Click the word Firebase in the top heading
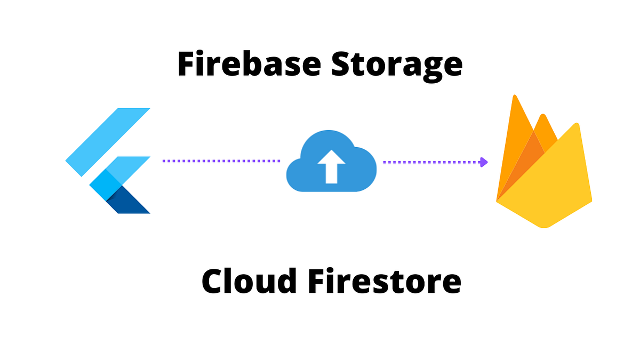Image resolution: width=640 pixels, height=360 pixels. tap(249, 64)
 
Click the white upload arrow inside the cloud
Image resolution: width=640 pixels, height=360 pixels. tap(331, 165)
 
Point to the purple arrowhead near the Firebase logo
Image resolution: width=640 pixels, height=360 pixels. tap(484, 161)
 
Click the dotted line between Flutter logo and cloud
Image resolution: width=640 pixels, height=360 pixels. tap(221, 161)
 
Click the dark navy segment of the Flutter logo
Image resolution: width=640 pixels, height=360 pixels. tap(131, 202)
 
